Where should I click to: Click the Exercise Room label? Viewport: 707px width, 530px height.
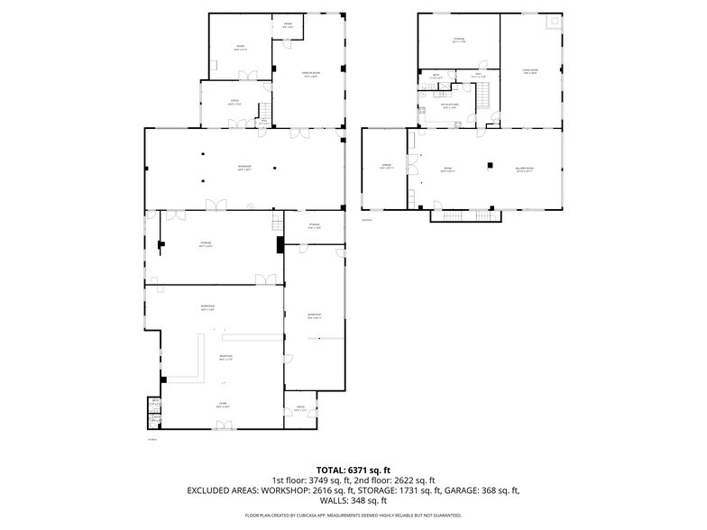(309, 76)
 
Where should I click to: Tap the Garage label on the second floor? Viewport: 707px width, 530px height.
(386, 167)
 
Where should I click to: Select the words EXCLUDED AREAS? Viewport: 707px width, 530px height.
(223, 490)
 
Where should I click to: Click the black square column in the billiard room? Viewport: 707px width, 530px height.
(491, 164)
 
